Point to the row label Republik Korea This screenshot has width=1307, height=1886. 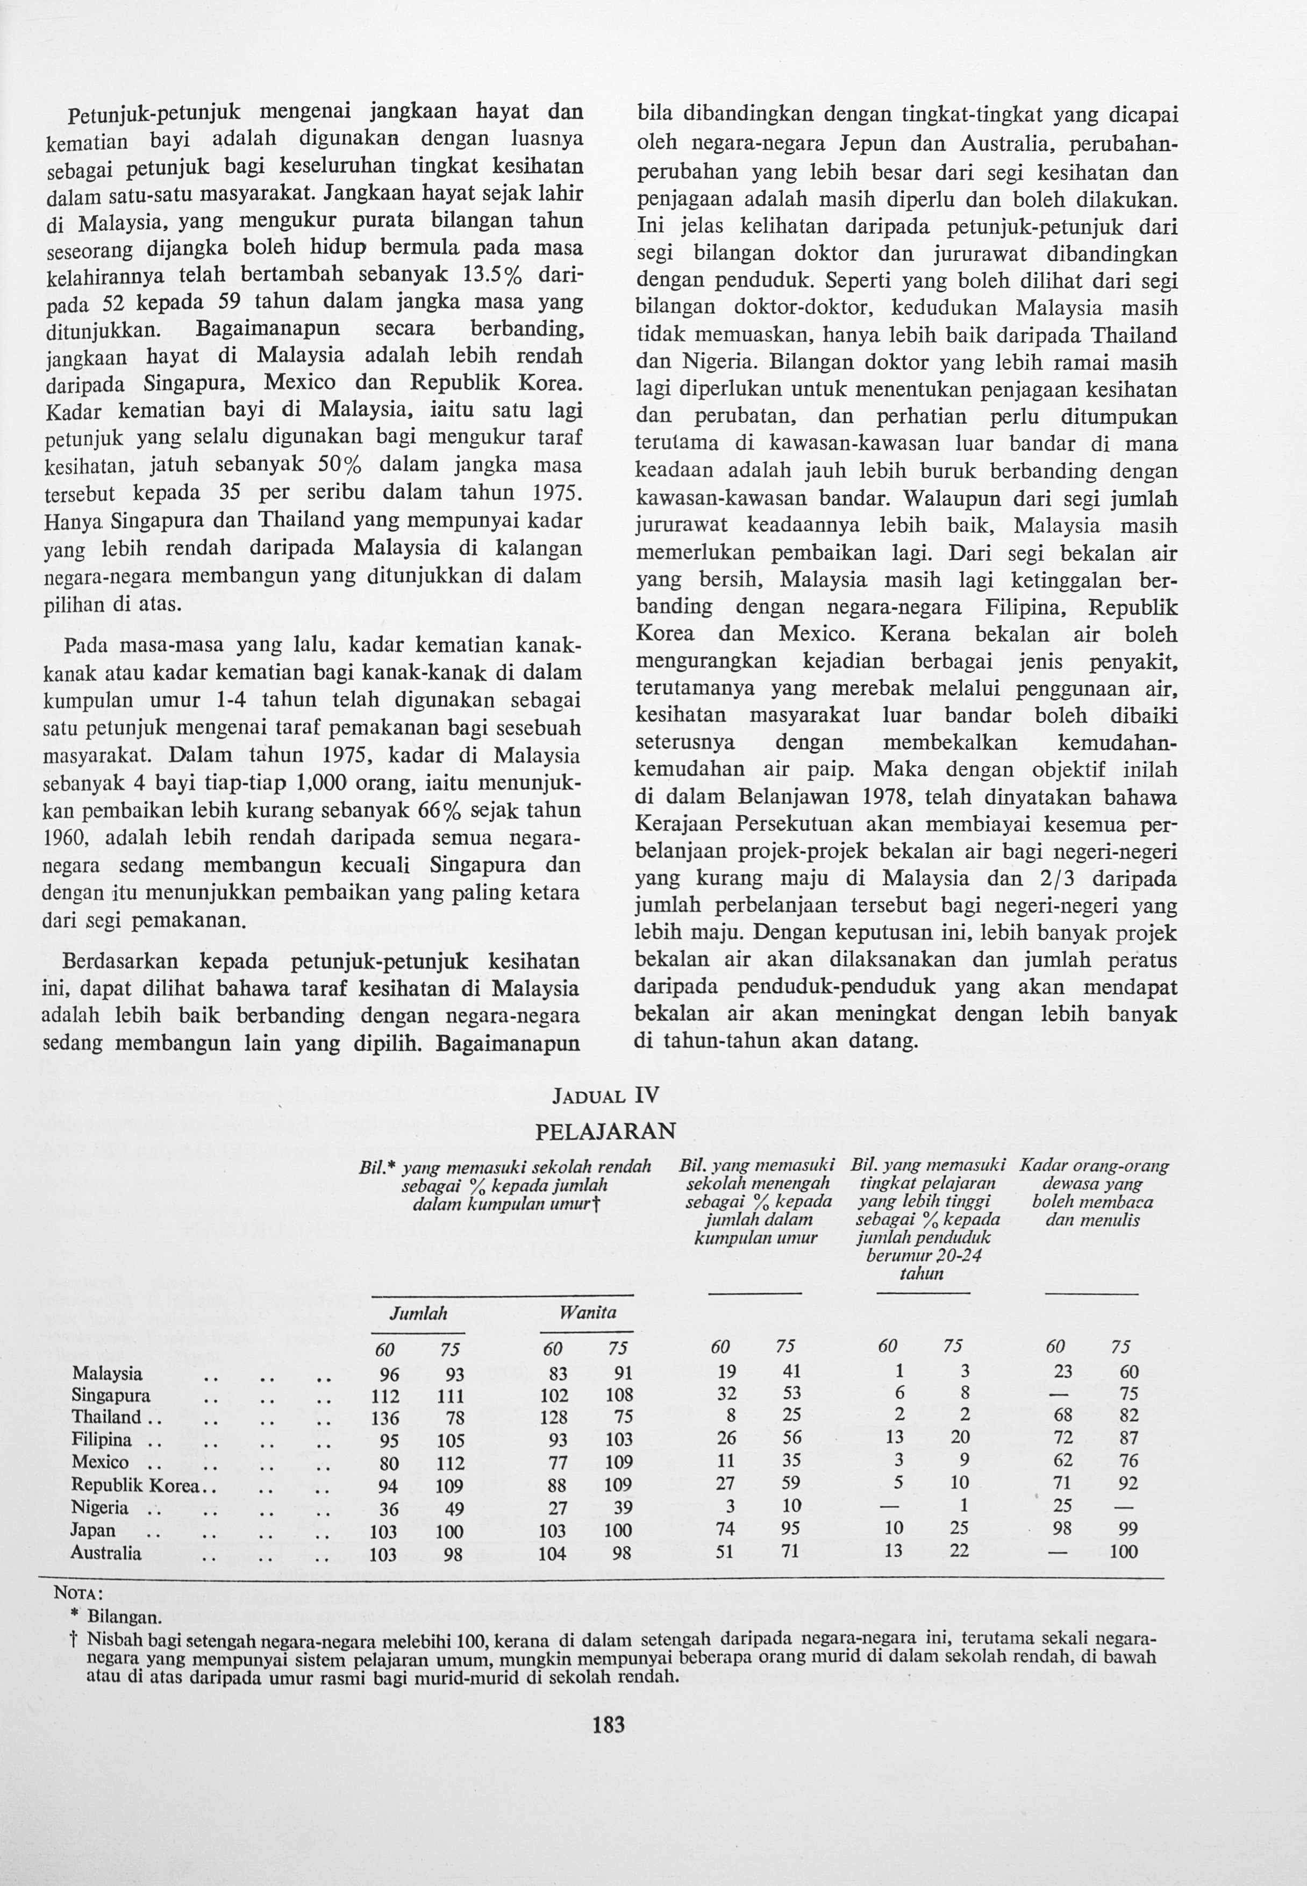135,1485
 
